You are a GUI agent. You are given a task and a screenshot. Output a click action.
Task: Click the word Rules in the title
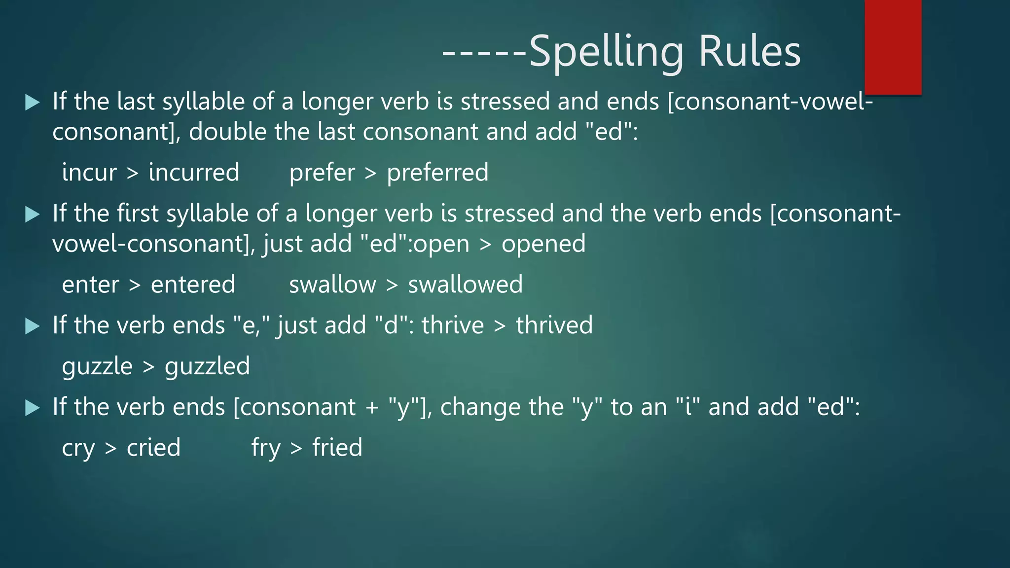[x=750, y=51]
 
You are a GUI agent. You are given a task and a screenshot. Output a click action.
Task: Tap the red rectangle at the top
[x=893, y=47]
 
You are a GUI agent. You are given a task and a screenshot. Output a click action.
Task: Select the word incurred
[x=194, y=173]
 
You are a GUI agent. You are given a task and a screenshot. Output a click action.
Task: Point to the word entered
[x=193, y=284]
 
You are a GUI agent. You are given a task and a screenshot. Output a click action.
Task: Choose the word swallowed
[x=465, y=284]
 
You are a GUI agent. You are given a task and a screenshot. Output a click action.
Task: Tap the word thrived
[x=554, y=325]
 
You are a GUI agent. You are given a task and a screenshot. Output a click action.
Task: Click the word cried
[x=153, y=448]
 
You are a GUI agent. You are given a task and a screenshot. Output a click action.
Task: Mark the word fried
[x=337, y=448]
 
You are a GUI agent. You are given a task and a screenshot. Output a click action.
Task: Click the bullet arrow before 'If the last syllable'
[x=32, y=102]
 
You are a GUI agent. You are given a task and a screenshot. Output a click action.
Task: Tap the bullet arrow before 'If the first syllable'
[x=32, y=214]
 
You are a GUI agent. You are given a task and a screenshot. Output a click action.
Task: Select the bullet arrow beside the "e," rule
[x=32, y=326]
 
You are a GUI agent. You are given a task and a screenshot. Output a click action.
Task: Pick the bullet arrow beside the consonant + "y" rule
[x=32, y=407]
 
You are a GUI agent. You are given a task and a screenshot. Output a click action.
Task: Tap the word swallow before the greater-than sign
[x=332, y=284]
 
